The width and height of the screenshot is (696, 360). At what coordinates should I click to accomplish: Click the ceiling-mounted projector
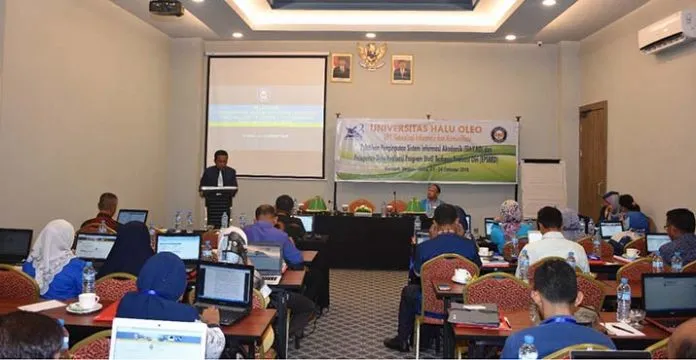(x=166, y=7)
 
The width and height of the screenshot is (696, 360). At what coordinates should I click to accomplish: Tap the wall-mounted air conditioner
(x=666, y=31)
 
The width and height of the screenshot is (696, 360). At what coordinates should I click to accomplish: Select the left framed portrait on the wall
(x=341, y=68)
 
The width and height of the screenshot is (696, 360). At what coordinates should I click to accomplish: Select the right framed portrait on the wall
(x=401, y=68)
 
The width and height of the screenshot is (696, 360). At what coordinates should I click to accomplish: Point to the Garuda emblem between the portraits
(x=372, y=55)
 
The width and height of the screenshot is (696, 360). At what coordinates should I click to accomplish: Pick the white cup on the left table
(x=87, y=300)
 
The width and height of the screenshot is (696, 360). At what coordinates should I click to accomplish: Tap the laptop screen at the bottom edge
(x=158, y=340)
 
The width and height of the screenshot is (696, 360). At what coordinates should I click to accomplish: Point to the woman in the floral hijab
(x=510, y=222)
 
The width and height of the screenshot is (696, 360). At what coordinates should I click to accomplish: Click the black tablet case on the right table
(x=475, y=315)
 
